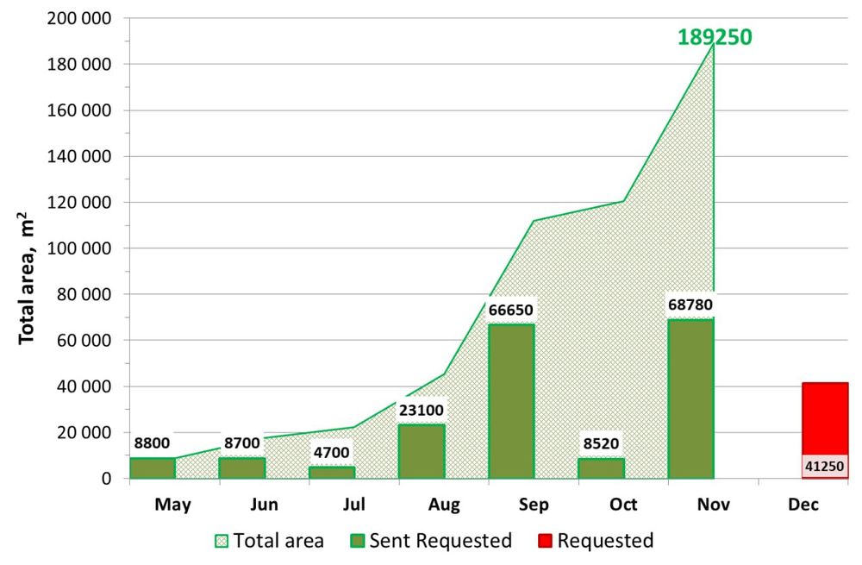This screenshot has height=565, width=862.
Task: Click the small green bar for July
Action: pos(332,472)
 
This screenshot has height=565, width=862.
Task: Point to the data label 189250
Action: pos(715,38)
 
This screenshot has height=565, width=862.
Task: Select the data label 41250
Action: pos(825,467)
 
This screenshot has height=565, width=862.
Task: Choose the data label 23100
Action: pos(422,411)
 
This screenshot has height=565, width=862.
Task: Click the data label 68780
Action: pos(690,304)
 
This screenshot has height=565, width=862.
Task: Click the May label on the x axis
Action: pos(173,504)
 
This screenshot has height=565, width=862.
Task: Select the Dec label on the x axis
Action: pos(803,504)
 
